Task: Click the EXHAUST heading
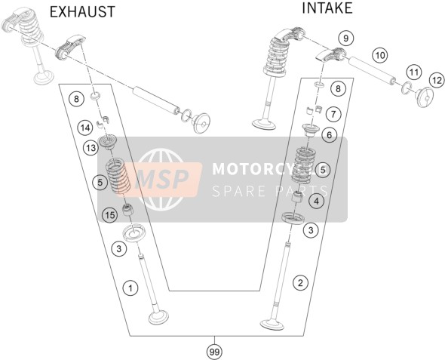[x=82, y=12]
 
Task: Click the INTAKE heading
[x=327, y=8]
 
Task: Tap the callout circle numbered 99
[x=214, y=352]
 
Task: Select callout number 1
[x=130, y=288]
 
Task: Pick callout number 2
[x=300, y=282]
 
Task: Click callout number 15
[x=110, y=215]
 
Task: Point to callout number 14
[x=85, y=128]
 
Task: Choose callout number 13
[x=91, y=148]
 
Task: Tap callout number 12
[x=437, y=80]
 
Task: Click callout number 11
[x=414, y=72]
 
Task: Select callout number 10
[x=379, y=55]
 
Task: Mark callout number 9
[x=345, y=38]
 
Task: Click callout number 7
[x=333, y=114]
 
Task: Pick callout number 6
[x=329, y=134]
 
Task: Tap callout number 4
[x=316, y=201]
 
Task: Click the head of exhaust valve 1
[x=158, y=318]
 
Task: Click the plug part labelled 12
[x=425, y=97]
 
